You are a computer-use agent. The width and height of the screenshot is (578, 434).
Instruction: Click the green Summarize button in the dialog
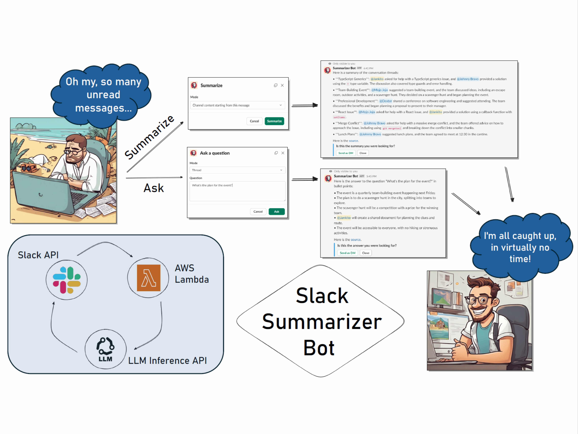click(274, 121)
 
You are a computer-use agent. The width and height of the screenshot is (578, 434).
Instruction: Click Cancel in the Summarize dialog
click(254, 121)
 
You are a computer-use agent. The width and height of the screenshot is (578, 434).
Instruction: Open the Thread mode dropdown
click(237, 170)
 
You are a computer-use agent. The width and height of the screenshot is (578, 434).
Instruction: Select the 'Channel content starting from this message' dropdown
click(237, 105)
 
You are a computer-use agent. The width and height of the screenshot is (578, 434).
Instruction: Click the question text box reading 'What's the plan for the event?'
click(237, 191)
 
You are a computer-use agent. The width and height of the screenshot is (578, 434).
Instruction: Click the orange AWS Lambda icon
click(148, 278)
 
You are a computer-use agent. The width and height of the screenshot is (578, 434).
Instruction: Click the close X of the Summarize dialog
click(282, 85)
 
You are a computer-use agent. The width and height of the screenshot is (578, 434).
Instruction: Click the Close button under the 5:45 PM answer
click(366, 253)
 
